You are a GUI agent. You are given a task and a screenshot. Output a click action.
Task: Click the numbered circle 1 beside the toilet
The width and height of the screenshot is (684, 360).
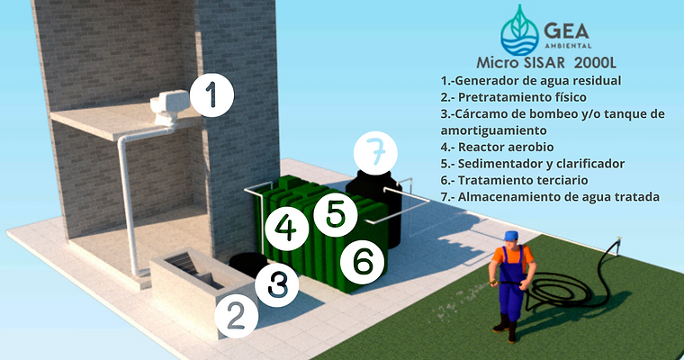(211, 94)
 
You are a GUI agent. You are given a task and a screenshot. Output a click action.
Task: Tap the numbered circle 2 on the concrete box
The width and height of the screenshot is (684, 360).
(236, 316)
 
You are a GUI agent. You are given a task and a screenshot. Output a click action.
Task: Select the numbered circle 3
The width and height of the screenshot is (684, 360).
(276, 284)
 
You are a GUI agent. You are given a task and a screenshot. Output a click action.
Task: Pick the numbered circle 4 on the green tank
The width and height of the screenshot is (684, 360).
(286, 229)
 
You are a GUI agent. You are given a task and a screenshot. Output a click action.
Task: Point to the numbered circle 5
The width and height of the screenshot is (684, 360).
(336, 214)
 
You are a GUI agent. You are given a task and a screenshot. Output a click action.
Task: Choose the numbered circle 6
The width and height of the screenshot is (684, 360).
(362, 262)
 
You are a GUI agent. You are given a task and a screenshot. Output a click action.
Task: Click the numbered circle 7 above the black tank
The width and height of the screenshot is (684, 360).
(375, 153)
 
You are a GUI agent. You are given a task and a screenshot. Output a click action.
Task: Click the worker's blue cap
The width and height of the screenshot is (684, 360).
(509, 236)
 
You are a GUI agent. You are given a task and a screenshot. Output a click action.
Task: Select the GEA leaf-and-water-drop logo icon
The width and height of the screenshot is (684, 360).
(519, 31)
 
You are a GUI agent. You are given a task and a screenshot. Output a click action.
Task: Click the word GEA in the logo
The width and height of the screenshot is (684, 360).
(567, 30)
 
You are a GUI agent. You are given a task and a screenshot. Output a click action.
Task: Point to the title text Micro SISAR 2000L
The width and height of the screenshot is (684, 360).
(546, 62)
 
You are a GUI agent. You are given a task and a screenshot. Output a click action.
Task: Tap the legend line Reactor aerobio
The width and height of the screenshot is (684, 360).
(498, 147)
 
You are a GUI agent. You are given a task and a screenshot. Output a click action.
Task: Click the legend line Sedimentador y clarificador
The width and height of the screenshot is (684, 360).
(533, 164)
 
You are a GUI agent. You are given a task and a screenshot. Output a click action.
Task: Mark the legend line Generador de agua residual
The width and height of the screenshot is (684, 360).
(531, 81)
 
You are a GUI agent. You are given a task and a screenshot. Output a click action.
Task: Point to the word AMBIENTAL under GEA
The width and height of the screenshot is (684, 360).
(568, 45)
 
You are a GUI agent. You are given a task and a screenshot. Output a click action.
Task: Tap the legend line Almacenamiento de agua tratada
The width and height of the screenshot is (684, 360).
(550, 197)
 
